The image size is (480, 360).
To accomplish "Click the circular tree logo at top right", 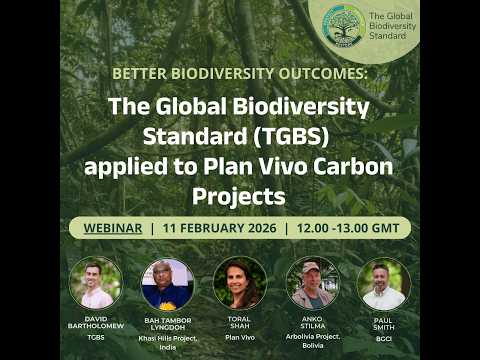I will pyautogui.click(x=343, y=25).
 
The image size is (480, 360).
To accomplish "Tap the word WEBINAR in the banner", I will pyautogui.click(x=109, y=227).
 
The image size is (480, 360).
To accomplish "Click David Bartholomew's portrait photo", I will pyautogui.click(x=96, y=283).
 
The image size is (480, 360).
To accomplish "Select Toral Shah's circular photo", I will pyautogui.click(x=240, y=283).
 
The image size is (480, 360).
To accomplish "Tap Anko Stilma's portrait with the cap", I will pyautogui.click(x=312, y=283).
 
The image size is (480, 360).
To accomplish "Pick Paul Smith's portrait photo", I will pyautogui.click(x=384, y=283).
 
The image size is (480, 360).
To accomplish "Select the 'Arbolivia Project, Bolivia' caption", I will pyautogui.click(x=312, y=341).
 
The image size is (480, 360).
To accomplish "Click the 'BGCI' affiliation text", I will pyautogui.click(x=384, y=338).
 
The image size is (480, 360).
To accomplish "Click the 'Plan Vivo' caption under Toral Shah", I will pyautogui.click(x=240, y=338).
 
